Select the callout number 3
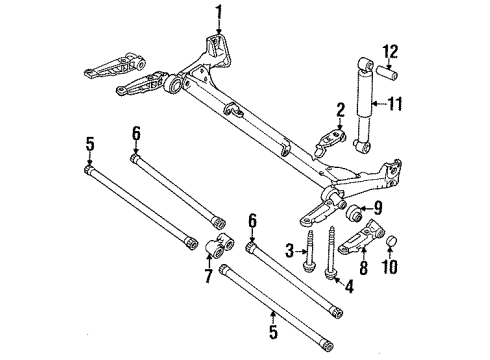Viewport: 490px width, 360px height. [291, 248]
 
